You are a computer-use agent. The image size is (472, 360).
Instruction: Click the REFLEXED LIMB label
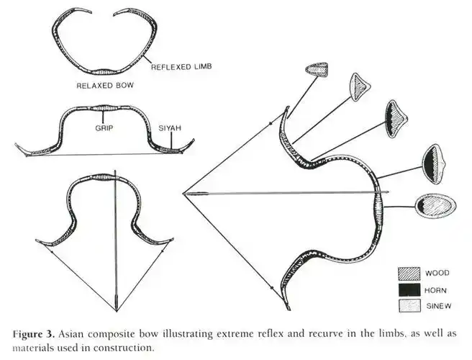(181, 66)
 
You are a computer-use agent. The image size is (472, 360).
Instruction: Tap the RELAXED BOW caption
(105, 86)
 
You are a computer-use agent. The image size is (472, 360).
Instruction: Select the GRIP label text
(104, 128)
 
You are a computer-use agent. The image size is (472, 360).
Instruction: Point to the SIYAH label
(170, 128)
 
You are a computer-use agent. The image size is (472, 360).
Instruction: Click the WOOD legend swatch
(409, 273)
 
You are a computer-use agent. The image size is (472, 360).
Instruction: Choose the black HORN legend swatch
(409, 290)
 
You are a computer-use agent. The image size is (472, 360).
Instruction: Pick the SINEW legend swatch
(409, 306)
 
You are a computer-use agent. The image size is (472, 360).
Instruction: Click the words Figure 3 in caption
(34, 334)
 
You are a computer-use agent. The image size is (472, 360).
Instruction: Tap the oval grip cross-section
(435, 206)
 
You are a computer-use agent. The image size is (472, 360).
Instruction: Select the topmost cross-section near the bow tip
(317, 70)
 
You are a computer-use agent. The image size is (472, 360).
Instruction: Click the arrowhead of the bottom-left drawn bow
(117, 303)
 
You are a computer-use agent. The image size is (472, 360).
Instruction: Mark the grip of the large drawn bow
(378, 209)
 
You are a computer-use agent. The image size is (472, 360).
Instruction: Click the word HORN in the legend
(435, 290)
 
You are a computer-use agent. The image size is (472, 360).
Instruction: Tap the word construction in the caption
(124, 348)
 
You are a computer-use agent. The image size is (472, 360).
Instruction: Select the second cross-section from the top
(360, 87)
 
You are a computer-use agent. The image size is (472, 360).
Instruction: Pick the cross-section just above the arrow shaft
(433, 164)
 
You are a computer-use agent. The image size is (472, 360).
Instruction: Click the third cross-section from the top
(396, 119)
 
